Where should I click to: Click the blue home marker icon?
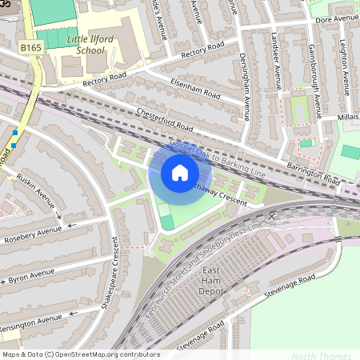click(180, 173)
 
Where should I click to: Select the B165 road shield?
click(31, 48)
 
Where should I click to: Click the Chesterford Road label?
click(166, 120)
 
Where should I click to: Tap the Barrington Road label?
click(314, 170)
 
